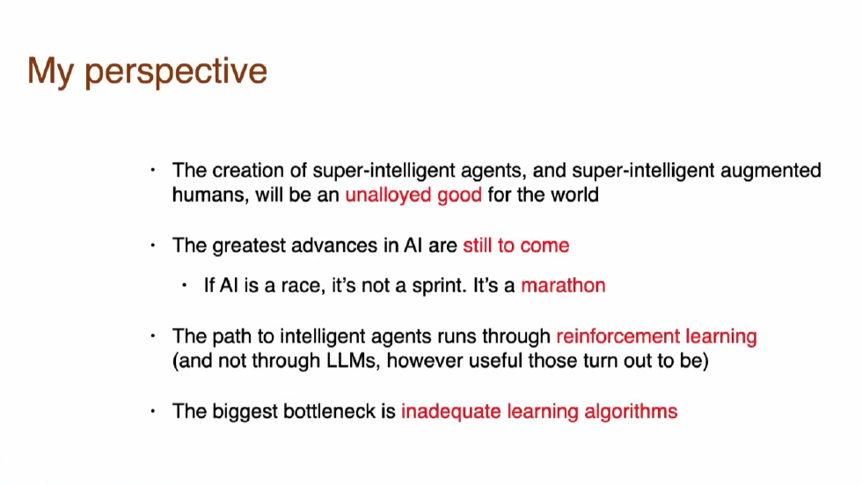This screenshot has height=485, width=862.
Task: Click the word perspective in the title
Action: [176, 72]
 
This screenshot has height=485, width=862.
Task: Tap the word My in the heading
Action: [51, 72]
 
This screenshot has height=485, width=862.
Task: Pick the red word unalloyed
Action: [388, 195]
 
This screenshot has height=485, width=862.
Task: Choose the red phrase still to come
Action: [515, 246]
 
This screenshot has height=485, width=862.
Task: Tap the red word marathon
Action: [563, 285]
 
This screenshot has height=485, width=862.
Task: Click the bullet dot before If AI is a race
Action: [184, 285]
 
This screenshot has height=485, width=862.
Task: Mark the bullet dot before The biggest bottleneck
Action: [153, 411]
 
